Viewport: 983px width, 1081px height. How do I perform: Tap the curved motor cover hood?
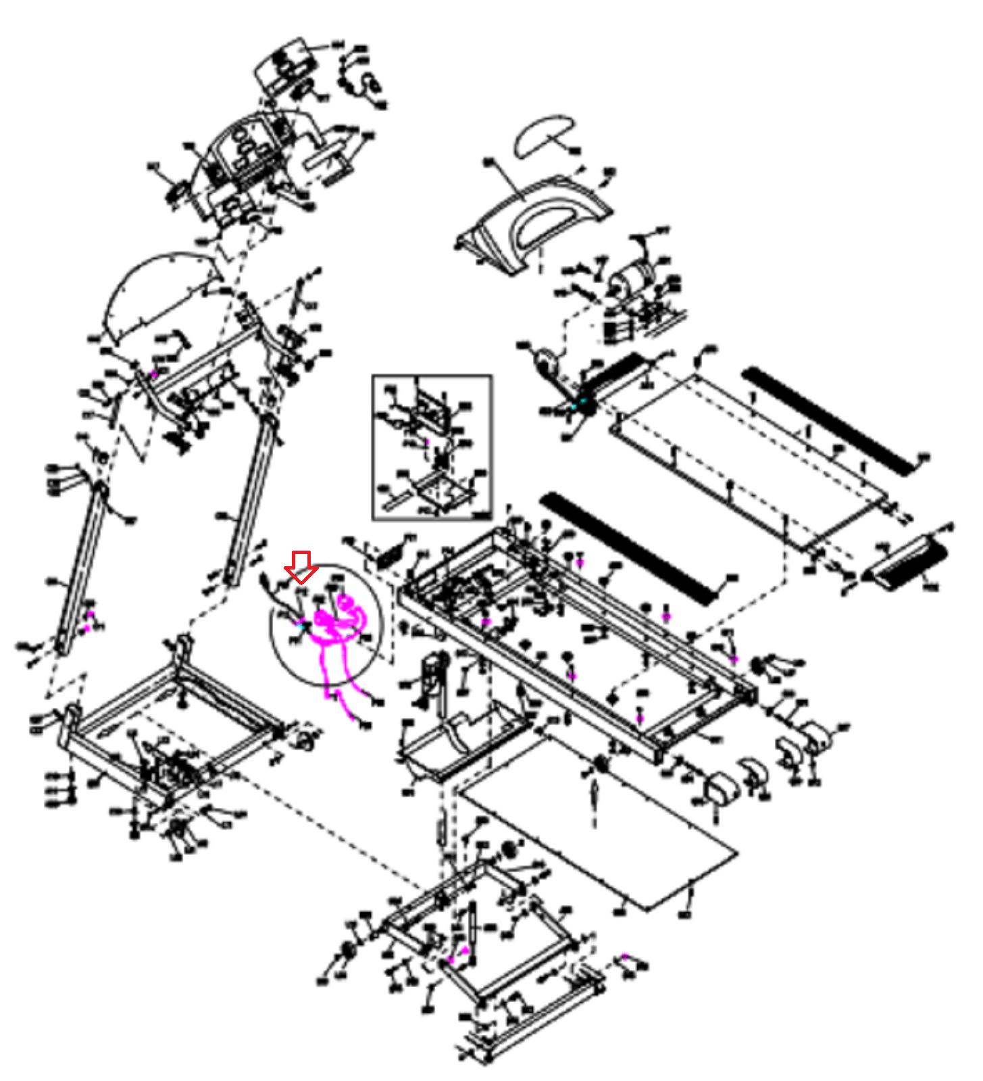[x=534, y=223]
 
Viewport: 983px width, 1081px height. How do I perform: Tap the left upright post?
[x=80, y=568]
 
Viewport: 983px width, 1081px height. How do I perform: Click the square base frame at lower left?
[x=169, y=723]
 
